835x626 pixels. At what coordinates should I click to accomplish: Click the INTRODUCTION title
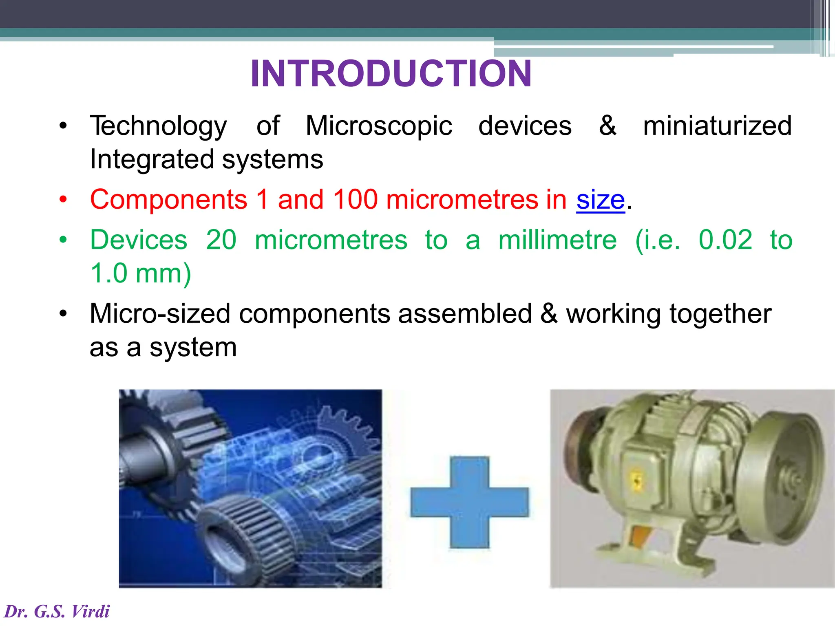pyautogui.click(x=391, y=74)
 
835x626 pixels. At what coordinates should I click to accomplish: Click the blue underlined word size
pyautogui.click(x=600, y=200)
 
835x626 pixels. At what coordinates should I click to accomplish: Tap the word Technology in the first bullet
pyautogui.click(x=158, y=126)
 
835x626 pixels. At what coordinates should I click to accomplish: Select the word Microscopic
pyautogui.click(x=379, y=126)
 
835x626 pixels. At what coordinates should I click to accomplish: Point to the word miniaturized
pyautogui.click(x=717, y=126)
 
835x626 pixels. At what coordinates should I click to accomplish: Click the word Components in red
pyautogui.click(x=168, y=200)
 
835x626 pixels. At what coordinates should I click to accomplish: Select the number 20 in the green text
pyautogui.click(x=221, y=240)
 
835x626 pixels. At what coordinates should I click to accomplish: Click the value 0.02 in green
pyautogui.click(x=725, y=240)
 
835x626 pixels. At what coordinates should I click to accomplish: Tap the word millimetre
pyautogui.click(x=557, y=240)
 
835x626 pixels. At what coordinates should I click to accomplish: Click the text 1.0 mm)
pyautogui.click(x=140, y=273)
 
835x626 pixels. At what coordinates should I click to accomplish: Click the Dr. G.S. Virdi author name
pyautogui.click(x=57, y=611)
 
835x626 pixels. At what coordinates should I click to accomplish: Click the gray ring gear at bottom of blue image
pyautogui.click(x=241, y=538)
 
